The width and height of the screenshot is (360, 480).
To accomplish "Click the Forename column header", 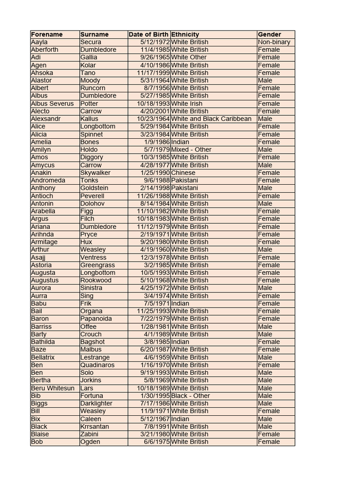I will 47,34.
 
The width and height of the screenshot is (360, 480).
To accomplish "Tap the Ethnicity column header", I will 185,34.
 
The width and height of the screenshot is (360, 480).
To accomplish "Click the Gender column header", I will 270,34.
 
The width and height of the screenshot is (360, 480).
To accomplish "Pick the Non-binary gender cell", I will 274,42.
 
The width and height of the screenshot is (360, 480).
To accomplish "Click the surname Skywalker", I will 95,172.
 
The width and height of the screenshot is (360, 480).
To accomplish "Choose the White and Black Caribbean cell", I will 211,119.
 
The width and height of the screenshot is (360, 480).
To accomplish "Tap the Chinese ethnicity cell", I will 183,172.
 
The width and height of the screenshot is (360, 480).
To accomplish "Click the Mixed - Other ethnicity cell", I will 191,150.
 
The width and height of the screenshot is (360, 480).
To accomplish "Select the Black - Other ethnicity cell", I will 191,396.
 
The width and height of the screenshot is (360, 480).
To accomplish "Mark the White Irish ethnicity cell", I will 187,104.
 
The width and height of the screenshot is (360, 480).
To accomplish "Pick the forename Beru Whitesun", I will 52,388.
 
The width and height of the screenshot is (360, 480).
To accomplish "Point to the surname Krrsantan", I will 95,427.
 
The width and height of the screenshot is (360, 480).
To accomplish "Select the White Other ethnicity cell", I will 189,57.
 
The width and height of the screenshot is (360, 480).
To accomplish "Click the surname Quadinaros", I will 97,365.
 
